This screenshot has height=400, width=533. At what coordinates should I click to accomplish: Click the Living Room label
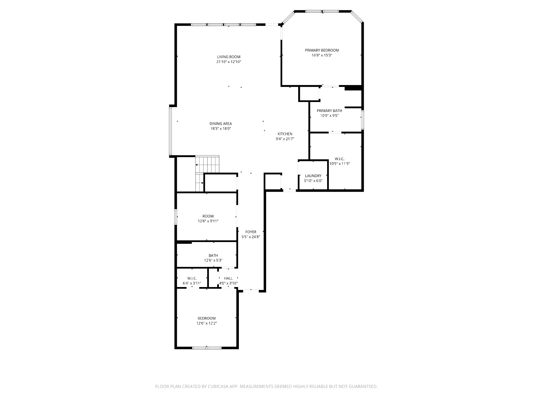pyautogui.click(x=229, y=57)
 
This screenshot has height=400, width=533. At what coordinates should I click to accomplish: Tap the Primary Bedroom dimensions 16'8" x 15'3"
pyautogui.click(x=322, y=55)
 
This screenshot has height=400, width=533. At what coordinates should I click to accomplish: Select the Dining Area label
pyautogui.click(x=221, y=124)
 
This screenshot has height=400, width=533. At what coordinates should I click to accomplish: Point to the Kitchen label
pyautogui.click(x=285, y=134)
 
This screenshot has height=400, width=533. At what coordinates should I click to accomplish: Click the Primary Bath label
pyautogui.click(x=329, y=111)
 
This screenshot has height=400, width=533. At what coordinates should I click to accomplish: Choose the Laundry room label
pyautogui.click(x=313, y=176)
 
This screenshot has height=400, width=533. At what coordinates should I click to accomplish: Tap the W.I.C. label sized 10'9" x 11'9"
pyautogui.click(x=339, y=159)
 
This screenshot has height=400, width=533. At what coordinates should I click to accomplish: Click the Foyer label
pyautogui.click(x=251, y=232)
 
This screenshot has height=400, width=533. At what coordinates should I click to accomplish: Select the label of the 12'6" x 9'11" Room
pyautogui.click(x=208, y=216)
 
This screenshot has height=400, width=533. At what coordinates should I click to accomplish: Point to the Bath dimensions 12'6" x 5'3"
pyautogui.click(x=213, y=260)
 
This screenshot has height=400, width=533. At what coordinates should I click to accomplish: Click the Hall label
pyautogui.click(x=228, y=278)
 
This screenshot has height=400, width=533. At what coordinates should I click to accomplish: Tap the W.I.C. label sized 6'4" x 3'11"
pyautogui.click(x=192, y=278)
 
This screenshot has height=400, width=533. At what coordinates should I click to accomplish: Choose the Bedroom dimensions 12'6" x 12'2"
pyautogui.click(x=207, y=323)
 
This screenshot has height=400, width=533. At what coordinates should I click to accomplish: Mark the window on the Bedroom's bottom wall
pyautogui.click(x=207, y=348)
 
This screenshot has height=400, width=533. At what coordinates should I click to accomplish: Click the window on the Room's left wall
pyautogui.click(x=176, y=217)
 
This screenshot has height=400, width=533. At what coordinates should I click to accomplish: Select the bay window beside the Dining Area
pyautogui.click(x=171, y=131)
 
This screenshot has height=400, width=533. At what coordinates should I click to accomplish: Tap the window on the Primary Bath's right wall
pyautogui.click(x=362, y=120)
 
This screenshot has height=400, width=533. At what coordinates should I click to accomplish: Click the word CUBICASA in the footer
pyautogui.click(x=218, y=386)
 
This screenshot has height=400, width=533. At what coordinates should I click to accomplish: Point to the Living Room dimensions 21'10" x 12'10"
pyautogui.click(x=229, y=62)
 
